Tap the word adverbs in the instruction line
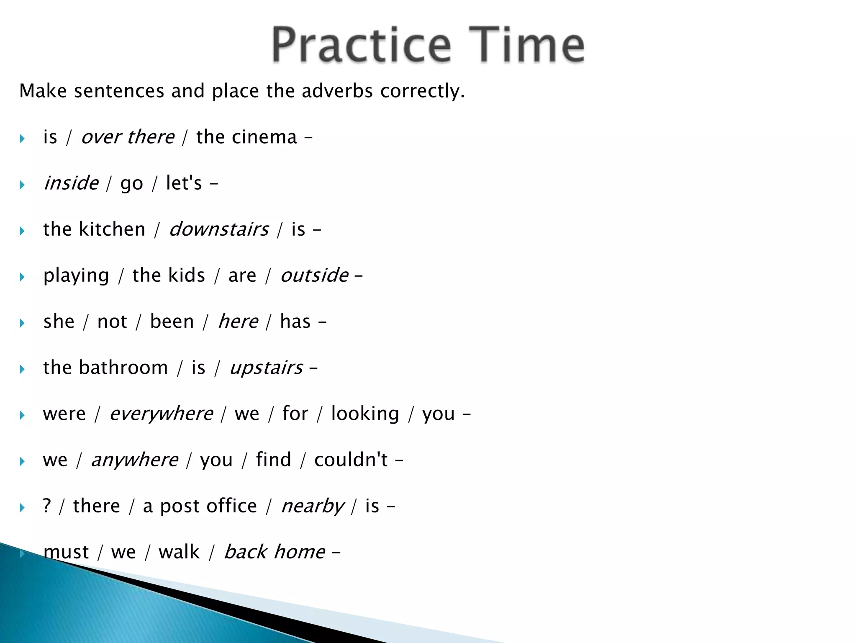coord(337,91)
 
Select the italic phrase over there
coord(128,137)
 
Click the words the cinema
coord(246,137)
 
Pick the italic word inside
coord(71,183)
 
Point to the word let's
coord(184,183)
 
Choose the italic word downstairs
coord(219,229)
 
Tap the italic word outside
coord(314,275)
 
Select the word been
coord(172,321)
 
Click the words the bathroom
coord(105,368)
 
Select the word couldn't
coord(351,460)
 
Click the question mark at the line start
coord(47,506)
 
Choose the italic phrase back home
coord(275,552)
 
